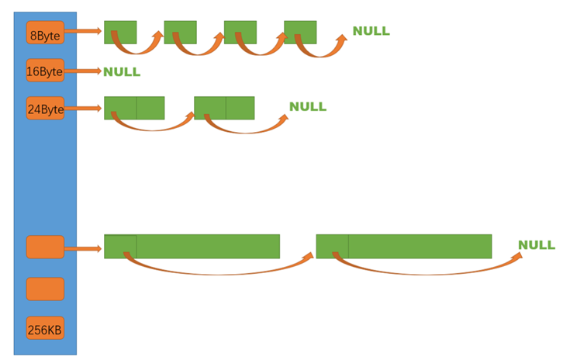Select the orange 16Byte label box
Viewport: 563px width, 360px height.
click(x=45, y=71)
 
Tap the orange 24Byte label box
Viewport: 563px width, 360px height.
click(x=45, y=108)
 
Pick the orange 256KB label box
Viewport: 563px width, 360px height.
click(x=45, y=328)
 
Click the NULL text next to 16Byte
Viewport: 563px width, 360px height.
click(x=122, y=71)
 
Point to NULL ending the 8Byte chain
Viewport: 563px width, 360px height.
click(x=371, y=31)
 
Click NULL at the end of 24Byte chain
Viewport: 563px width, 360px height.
click(x=308, y=106)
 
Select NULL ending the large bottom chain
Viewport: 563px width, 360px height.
click(x=537, y=245)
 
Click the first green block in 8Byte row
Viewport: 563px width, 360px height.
click(x=120, y=32)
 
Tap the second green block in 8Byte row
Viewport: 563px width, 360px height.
click(x=180, y=32)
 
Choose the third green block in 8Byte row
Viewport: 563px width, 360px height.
click(x=240, y=32)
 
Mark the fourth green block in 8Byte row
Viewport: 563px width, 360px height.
click(x=300, y=32)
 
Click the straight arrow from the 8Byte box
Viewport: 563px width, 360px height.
click(x=84, y=32)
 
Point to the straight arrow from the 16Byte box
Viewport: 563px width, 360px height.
click(x=84, y=71)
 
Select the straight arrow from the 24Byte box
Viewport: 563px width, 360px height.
click(x=84, y=108)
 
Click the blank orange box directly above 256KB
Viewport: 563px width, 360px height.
click(x=45, y=289)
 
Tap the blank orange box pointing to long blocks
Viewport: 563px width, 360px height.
click(x=45, y=247)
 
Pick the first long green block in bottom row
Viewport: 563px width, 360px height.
click(x=192, y=247)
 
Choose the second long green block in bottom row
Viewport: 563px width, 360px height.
click(x=403, y=247)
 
